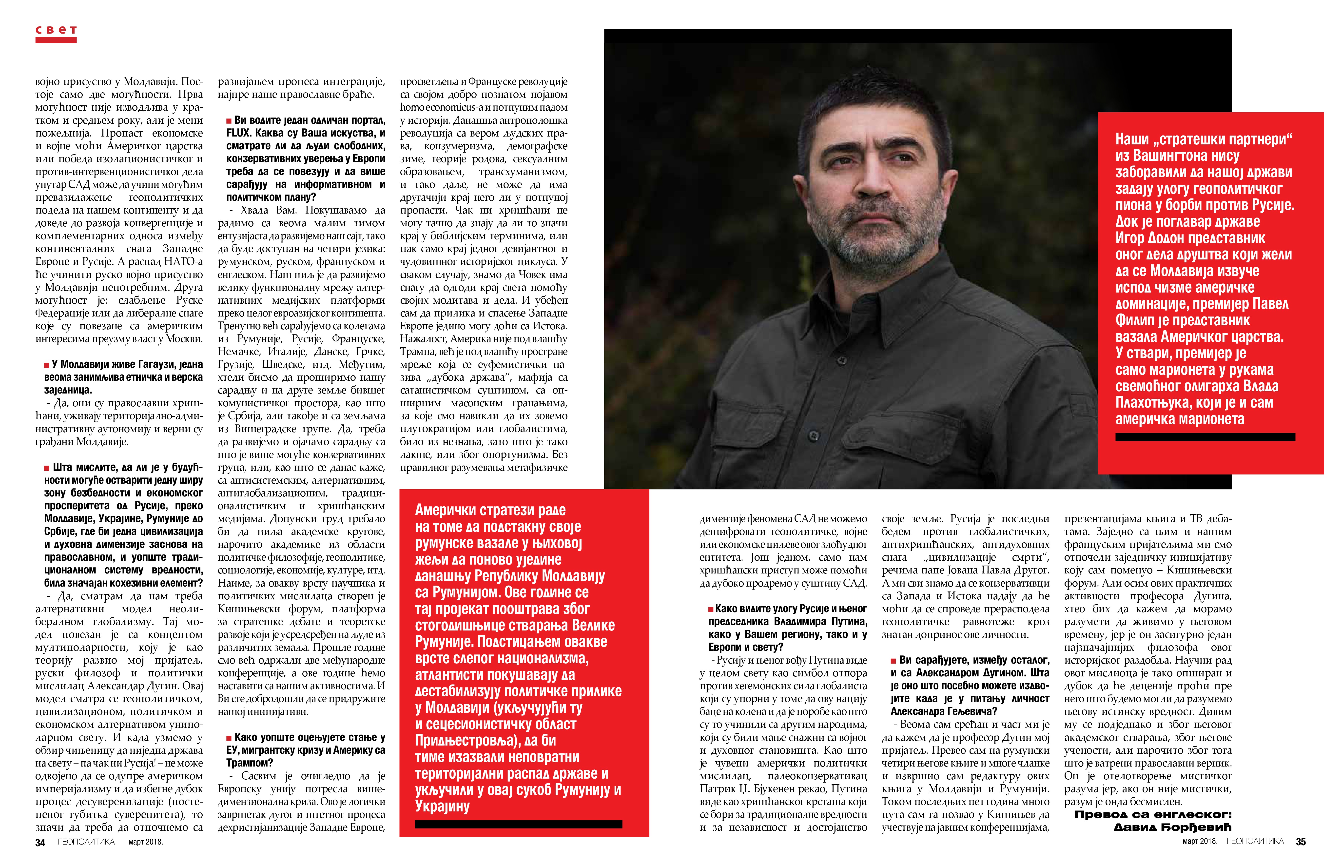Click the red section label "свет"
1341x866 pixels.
pos(56,30)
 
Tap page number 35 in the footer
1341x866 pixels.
pos(1301,842)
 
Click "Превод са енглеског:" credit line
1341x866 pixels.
pos(1153,814)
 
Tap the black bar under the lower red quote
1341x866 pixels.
pos(518,824)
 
